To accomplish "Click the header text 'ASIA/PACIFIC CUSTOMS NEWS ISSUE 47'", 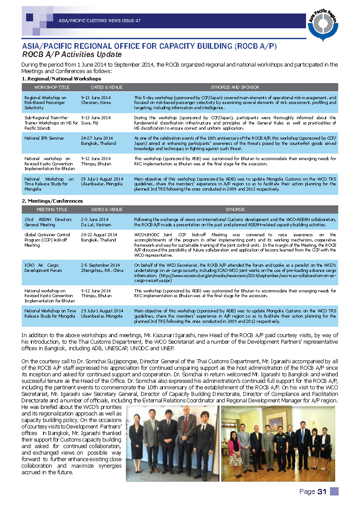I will coord(99,21).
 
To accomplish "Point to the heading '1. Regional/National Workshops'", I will coord(61,79).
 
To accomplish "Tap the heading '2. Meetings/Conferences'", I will coord(52,201).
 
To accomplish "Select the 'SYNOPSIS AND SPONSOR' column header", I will coord(235,87).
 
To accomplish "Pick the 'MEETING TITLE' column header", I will coord(52,210).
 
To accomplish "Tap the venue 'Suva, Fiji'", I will coord(90,123).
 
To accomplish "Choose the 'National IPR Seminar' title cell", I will coord(44,138).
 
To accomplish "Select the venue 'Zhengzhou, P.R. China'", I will coord(102,270).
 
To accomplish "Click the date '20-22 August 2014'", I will coord(99,235).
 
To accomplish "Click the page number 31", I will coord(322,492).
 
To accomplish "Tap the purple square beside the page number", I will coord(334,491).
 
